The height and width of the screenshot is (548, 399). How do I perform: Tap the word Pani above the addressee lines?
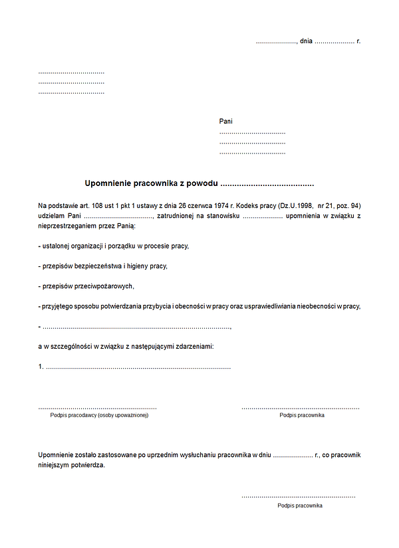226,122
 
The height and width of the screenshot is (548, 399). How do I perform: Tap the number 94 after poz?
356,205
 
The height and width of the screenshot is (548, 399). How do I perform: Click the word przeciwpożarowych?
104,286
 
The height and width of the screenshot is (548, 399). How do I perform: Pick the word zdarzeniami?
194,347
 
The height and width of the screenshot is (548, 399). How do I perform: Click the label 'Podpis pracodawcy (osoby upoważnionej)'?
99,415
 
